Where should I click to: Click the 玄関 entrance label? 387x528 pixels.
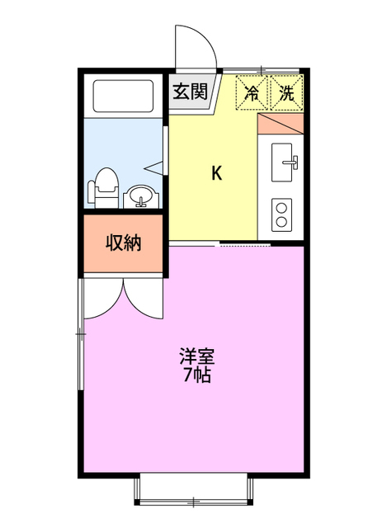coord(189,92)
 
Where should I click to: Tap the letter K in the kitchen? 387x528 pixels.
coord(216,173)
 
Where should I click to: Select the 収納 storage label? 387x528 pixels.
coord(123,243)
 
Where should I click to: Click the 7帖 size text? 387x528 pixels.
coord(196,376)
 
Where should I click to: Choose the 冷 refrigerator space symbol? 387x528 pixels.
coord(253,93)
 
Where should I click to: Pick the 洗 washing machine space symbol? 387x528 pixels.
coord(286,93)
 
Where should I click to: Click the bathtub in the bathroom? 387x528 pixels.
coord(123,97)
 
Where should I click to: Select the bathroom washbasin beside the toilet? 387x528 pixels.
coord(141,197)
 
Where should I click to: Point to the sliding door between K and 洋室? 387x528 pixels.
coord(244,245)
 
